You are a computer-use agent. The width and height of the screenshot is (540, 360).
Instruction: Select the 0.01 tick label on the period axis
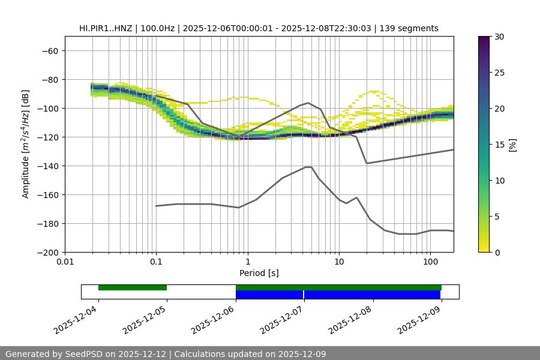(x=65, y=262)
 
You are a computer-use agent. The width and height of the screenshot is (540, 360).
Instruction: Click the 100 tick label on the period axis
(x=430, y=262)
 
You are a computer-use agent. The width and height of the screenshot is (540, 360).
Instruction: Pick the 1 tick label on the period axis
(x=247, y=262)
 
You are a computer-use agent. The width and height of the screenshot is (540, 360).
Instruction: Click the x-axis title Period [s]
(x=259, y=273)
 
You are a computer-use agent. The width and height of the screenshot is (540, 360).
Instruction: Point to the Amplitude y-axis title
(x=26, y=144)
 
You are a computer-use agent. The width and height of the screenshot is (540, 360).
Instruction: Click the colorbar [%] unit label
(x=513, y=145)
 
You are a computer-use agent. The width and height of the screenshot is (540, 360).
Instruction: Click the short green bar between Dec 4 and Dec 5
(x=133, y=287)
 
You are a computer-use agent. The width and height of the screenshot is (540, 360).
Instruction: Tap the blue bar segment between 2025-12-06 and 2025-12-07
(x=269, y=295)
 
